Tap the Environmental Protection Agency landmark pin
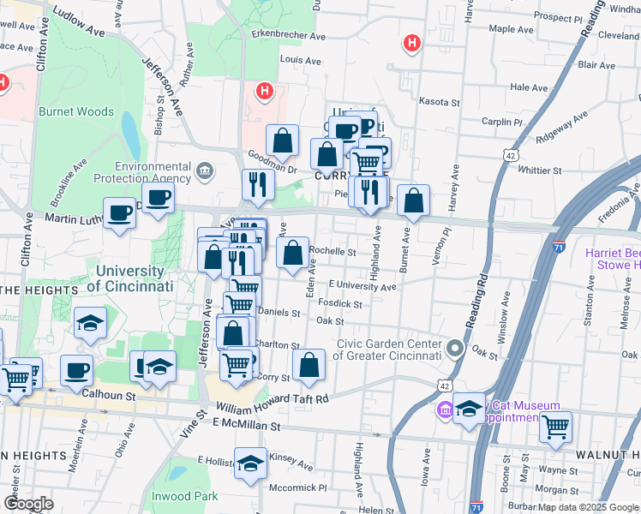[205, 170]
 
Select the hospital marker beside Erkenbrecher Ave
[412, 42]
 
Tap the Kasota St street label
[439, 102]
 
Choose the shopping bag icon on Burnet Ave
[413, 201]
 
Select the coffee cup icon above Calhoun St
[77, 371]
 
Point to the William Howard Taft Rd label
[273, 399]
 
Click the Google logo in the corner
[28, 504]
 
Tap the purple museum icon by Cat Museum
[444, 409]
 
